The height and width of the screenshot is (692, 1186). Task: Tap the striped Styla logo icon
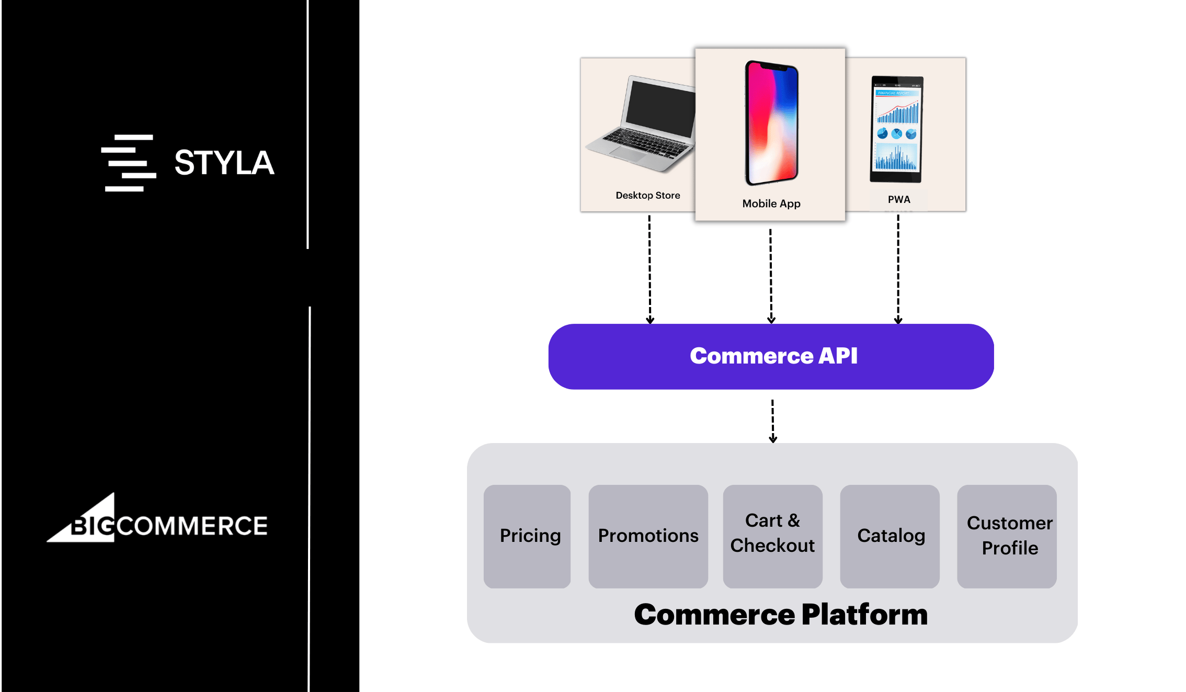(x=129, y=163)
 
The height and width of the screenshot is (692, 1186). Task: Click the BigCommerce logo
(x=157, y=519)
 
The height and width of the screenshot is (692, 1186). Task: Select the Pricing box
(x=527, y=536)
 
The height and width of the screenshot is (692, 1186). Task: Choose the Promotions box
(x=648, y=536)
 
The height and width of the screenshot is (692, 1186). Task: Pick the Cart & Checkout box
(x=772, y=536)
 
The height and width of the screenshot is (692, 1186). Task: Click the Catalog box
(x=890, y=536)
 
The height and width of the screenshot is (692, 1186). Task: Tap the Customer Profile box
(x=1007, y=536)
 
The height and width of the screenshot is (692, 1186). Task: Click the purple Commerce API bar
(x=771, y=356)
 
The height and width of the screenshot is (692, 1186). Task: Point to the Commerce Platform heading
(x=780, y=615)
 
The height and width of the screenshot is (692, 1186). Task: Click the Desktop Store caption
(x=647, y=196)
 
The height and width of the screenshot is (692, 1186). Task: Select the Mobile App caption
(x=771, y=204)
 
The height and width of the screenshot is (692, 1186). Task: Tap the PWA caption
(x=898, y=200)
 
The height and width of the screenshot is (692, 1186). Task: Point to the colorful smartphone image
(x=771, y=123)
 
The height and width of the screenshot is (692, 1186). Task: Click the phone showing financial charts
(x=896, y=129)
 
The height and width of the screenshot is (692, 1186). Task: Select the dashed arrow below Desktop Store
(x=649, y=269)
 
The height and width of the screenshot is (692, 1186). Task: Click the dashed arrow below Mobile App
(x=771, y=276)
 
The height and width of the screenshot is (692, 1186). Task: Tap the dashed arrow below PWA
(x=898, y=269)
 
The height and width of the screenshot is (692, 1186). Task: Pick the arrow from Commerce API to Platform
(x=772, y=421)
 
